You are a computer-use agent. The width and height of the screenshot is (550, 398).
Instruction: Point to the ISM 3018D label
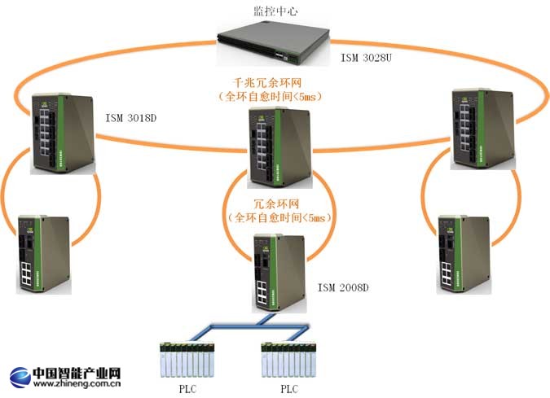pyautogui.click(x=130, y=119)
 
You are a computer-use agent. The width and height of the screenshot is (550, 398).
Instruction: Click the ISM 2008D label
pyautogui.click(x=343, y=287)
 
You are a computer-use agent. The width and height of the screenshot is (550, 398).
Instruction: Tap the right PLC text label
pyautogui.click(x=290, y=389)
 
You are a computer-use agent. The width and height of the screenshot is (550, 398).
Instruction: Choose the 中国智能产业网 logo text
pyautogui.click(x=77, y=374)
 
